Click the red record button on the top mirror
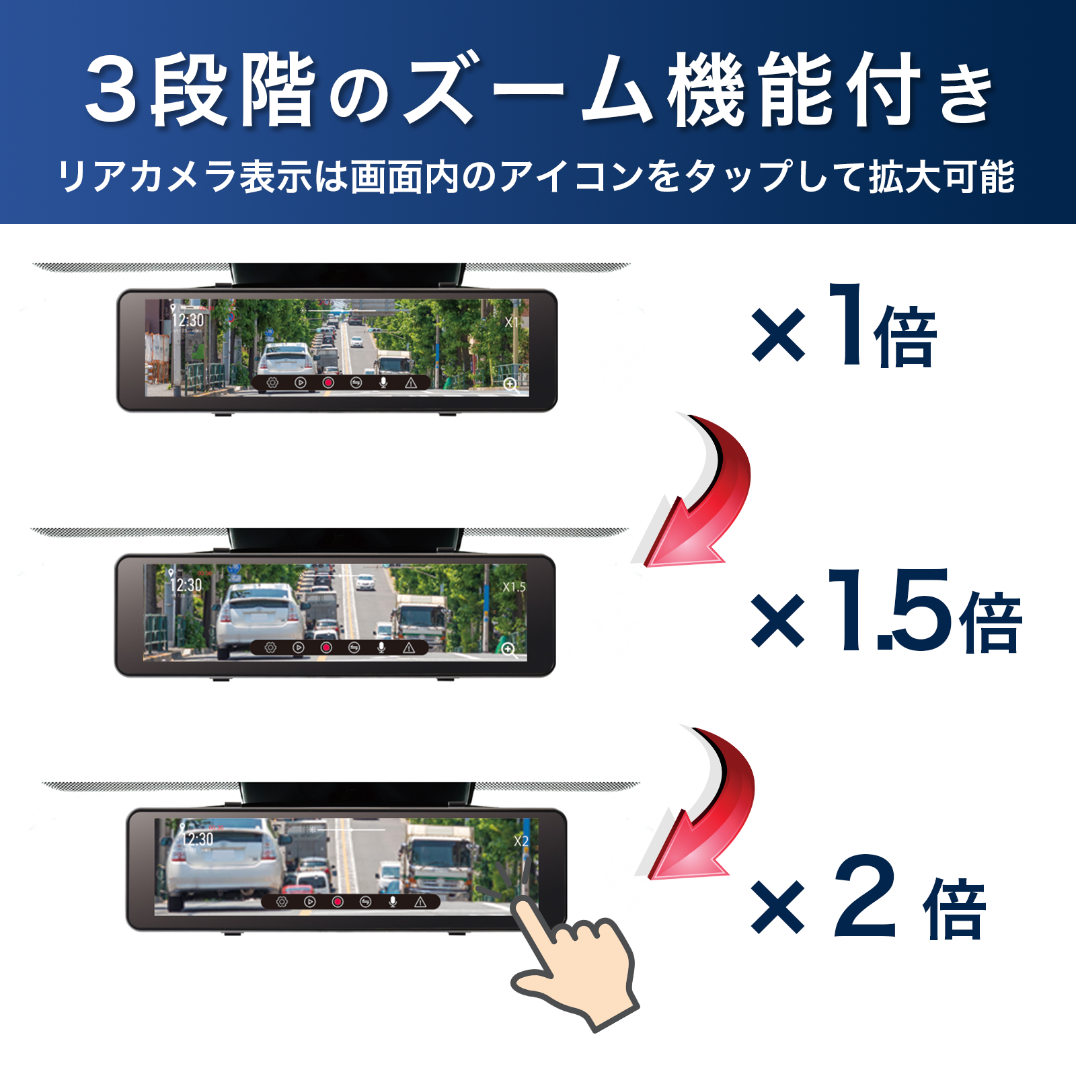click(328, 383)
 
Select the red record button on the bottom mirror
click(338, 902)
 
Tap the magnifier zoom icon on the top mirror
click(511, 385)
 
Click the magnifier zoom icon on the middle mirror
click(508, 649)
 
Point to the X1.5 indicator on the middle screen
click(514, 587)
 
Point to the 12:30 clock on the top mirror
click(187, 319)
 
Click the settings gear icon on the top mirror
click(272, 383)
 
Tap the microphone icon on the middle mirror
click(381, 647)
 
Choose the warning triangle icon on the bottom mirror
click(421, 902)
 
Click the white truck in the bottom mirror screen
click(437, 857)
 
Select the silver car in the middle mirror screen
click(259, 615)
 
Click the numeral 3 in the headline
click(111, 91)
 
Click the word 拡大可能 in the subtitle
click(941, 177)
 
